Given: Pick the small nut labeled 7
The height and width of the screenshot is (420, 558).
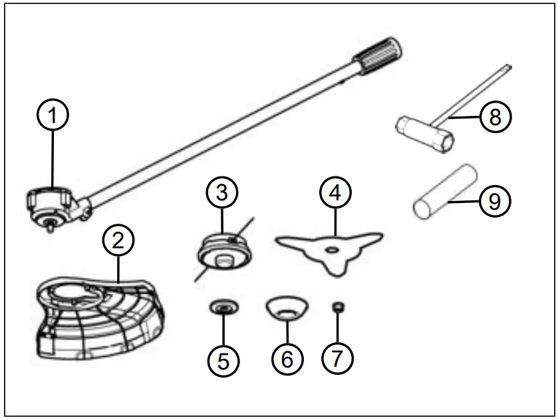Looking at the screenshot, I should click(x=337, y=307).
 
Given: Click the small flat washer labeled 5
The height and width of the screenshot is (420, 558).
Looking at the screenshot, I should click(x=223, y=308).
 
